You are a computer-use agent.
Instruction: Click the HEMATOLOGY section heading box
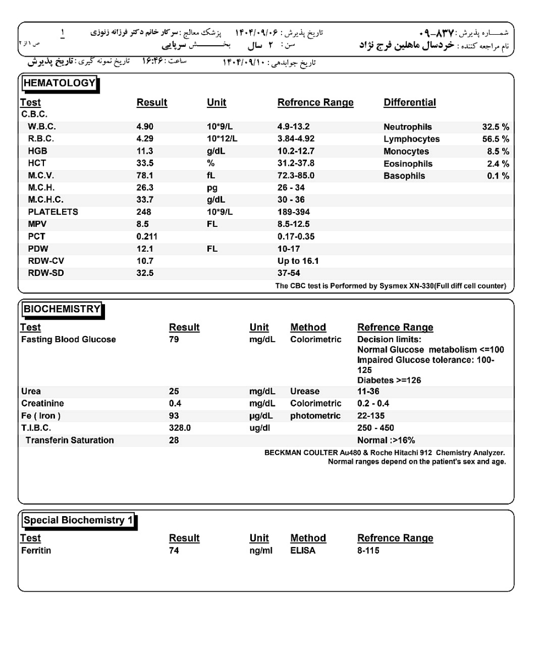click(x=59, y=84)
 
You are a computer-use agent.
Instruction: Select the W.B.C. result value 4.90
click(x=145, y=127)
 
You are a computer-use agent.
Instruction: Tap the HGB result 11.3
click(x=144, y=151)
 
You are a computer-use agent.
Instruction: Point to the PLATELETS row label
click(x=53, y=212)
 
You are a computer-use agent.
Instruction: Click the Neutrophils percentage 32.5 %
click(x=495, y=127)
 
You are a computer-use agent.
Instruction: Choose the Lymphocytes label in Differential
click(x=411, y=139)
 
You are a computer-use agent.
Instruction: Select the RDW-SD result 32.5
click(x=145, y=273)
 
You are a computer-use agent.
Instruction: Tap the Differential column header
click(x=409, y=103)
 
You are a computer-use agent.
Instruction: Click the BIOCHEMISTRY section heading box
click(x=62, y=310)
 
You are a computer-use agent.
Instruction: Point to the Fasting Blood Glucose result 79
click(x=174, y=340)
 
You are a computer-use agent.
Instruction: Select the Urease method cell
click(x=305, y=392)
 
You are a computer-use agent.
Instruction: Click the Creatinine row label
click(x=42, y=404)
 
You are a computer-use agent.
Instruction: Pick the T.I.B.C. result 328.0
click(x=180, y=428)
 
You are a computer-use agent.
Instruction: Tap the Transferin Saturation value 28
click(x=174, y=440)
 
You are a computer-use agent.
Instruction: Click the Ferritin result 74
click(x=174, y=551)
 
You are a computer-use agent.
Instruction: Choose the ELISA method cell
click(x=303, y=551)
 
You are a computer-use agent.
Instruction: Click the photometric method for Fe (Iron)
click(x=315, y=416)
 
